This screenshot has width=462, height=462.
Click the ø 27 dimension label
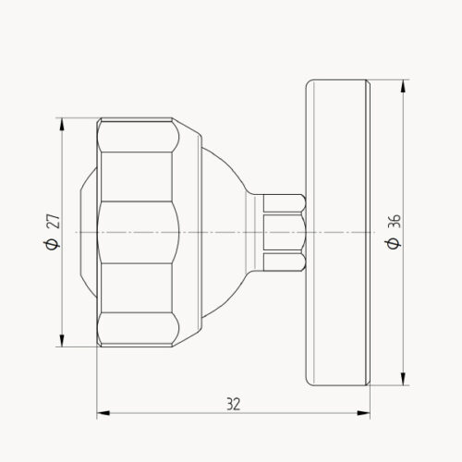[52, 231]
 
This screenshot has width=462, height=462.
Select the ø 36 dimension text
[395, 231]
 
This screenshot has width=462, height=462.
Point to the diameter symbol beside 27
[52, 243]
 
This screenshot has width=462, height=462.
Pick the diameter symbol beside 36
[395, 243]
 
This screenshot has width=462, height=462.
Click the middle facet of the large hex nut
[137, 231]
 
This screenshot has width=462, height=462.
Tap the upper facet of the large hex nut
[137, 152]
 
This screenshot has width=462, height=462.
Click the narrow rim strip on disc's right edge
[368, 231]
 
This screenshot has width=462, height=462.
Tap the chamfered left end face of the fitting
[86, 231]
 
